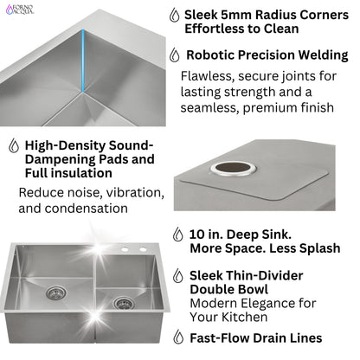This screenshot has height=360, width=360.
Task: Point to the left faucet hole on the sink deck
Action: (125, 250)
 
